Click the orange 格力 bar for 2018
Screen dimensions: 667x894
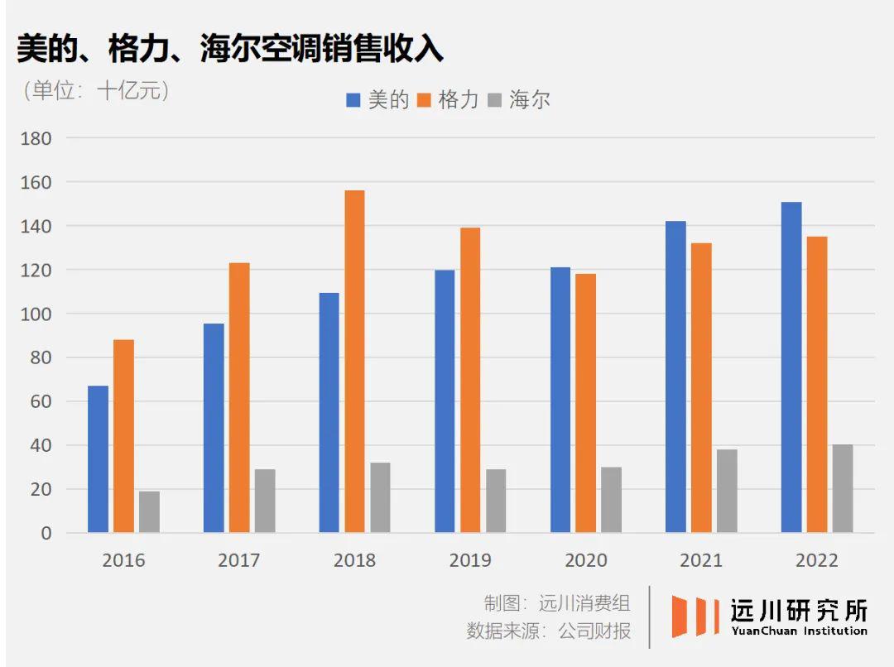pyautogui.click(x=354, y=362)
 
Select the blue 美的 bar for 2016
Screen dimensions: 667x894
pyautogui.click(x=99, y=459)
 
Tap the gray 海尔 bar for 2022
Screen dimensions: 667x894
pyautogui.click(x=842, y=488)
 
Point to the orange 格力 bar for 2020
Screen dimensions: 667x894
pyautogui.click(x=585, y=403)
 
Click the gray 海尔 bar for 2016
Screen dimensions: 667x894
pyautogui.click(x=149, y=511)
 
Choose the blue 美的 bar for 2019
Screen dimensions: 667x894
pyautogui.click(x=445, y=401)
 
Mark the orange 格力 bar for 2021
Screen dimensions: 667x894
pyautogui.click(x=701, y=387)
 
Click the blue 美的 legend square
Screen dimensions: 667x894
pyautogui.click(x=353, y=101)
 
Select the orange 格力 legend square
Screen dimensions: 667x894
pyautogui.click(x=424, y=101)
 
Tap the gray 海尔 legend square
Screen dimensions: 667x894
pyautogui.click(x=495, y=101)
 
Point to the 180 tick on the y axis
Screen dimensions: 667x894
pyautogui.click(x=36, y=138)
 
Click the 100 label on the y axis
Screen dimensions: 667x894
pyautogui.click(x=36, y=314)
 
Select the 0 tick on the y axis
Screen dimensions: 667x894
pyautogui.click(x=45, y=534)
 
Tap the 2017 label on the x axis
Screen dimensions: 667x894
pyautogui.click(x=238, y=561)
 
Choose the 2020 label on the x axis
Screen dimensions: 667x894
pyautogui.click(x=585, y=561)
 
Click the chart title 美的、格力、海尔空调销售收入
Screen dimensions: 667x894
pyautogui.click(x=230, y=50)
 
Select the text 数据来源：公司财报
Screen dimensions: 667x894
pyautogui.click(x=548, y=631)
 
